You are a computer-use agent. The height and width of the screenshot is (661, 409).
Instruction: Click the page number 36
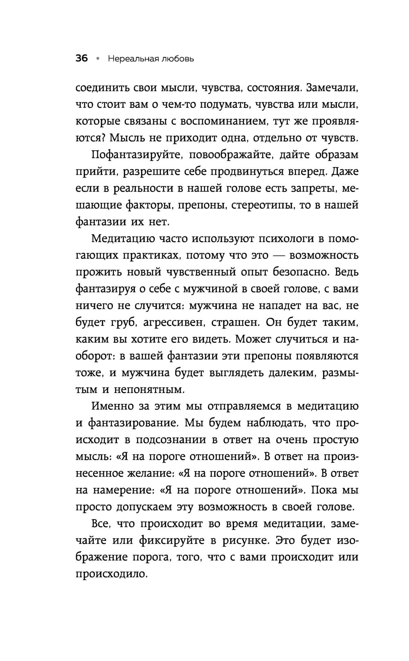(82, 59)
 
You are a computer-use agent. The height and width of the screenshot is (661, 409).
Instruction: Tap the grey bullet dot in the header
(98, 59)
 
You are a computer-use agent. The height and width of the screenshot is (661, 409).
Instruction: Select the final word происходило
(111, 574)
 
